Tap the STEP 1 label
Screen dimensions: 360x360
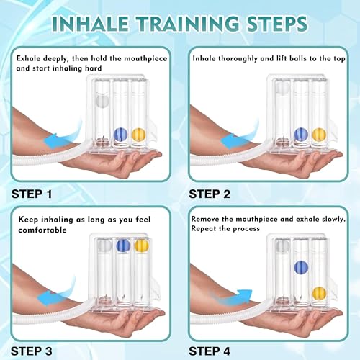pos(32,194)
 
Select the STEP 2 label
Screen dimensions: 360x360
pos(210,194)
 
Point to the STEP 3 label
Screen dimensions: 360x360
pos(32,351)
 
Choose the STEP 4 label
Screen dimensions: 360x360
pos(210,351)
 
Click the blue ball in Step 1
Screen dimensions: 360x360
pos(120,135)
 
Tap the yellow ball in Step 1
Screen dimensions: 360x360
pos(139,135)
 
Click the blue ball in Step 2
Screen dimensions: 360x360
pos(301,135)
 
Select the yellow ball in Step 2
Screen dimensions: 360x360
pos(319,135)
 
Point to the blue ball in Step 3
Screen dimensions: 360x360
pos(123,246)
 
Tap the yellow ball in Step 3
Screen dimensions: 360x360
pos(141,246)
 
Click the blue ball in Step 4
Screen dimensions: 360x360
pos(301,267)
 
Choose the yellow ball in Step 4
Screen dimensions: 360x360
pos(319,294)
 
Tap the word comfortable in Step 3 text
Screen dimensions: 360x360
pos(42,230)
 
